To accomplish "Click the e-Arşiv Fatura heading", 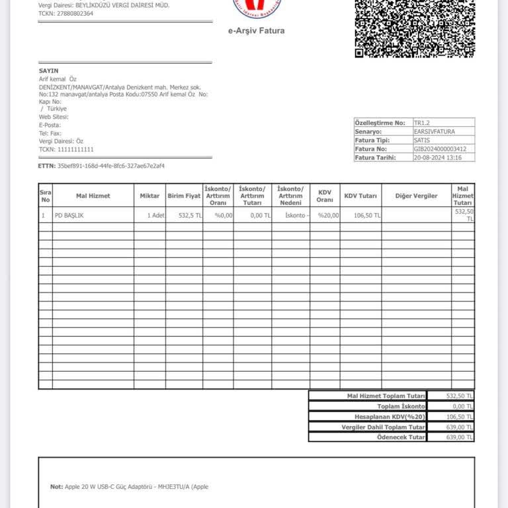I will (x=256, y=30).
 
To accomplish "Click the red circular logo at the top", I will (x=257, y=7).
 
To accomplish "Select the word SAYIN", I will (x=48, y=71).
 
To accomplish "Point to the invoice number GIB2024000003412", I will (x=440, y=149).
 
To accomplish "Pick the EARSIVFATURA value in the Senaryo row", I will (x=434, y=132).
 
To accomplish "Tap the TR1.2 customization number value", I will (x=421, y=123).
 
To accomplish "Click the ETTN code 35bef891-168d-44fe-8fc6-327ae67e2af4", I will (x=111, y=165).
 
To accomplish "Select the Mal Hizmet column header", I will (x=93, y=196).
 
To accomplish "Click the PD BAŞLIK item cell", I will (x=69, y=216).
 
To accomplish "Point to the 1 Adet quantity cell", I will (x=156, y=216).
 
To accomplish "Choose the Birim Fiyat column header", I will (x=184, y=196).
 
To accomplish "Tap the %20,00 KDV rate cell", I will (x=328, y=216).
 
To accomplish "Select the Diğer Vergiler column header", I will (x=416, y=196).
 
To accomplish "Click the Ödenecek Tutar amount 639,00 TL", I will (x=460, y=437).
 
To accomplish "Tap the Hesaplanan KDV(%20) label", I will (x=390, y=417).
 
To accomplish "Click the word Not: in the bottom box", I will (x=57, y=487).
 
